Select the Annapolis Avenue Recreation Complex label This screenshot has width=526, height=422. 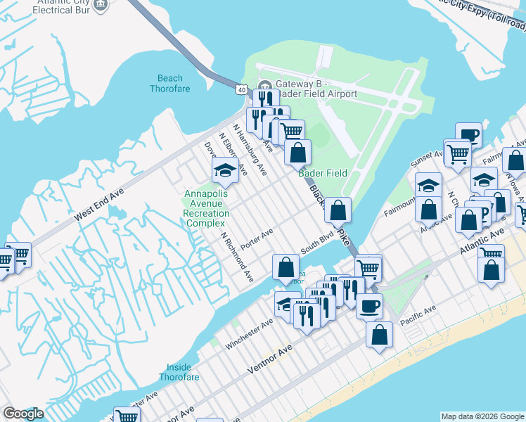click(x=207, y=208)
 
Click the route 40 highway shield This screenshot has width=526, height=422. click(x=241, y=89)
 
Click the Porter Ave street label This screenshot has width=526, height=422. click(x=257, y=239)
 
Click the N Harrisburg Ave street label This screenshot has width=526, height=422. click(x=250, y=150)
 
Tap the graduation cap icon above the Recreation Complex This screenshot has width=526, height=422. click(x=225, y=170)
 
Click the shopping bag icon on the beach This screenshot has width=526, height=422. click(x=379, y=335)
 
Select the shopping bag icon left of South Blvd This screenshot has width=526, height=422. click(x=286, y=267)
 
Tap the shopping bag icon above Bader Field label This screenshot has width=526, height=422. click(x=298, y=152)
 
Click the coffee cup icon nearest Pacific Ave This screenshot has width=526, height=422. click(x=369, y=306)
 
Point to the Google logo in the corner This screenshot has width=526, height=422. click(x=23, y=414)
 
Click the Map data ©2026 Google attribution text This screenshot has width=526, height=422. click(x=482, y=416)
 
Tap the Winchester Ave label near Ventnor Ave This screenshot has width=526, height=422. click(x=249, y=334)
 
